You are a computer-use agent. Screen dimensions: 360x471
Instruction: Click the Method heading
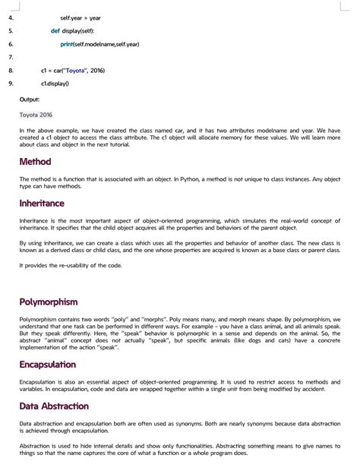pos(35,162)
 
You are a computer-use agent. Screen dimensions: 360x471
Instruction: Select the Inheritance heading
pos(42,204)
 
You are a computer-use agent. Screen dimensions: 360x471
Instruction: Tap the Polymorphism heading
pos(49,302)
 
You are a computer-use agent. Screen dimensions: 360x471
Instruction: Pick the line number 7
pos(11,57)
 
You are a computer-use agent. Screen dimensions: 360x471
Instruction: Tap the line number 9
pos(11,84)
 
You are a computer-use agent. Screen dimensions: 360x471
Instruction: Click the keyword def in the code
pos(55,31)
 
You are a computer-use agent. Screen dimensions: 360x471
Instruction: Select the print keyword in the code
pos(67,44)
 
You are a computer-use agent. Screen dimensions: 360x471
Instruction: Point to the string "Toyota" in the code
pos(74,71)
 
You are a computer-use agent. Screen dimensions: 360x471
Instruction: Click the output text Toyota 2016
pos(36,115)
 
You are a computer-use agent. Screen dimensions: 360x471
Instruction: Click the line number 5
pos(11,31)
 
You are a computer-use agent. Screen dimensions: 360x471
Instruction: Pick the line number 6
pos(11,44)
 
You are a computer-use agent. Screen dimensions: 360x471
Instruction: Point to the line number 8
pos(11,71)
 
